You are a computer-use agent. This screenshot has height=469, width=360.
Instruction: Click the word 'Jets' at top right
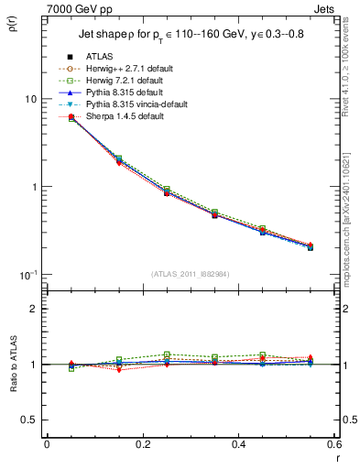click(325, 8)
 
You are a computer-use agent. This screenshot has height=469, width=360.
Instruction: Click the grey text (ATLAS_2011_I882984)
click(190, 275)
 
